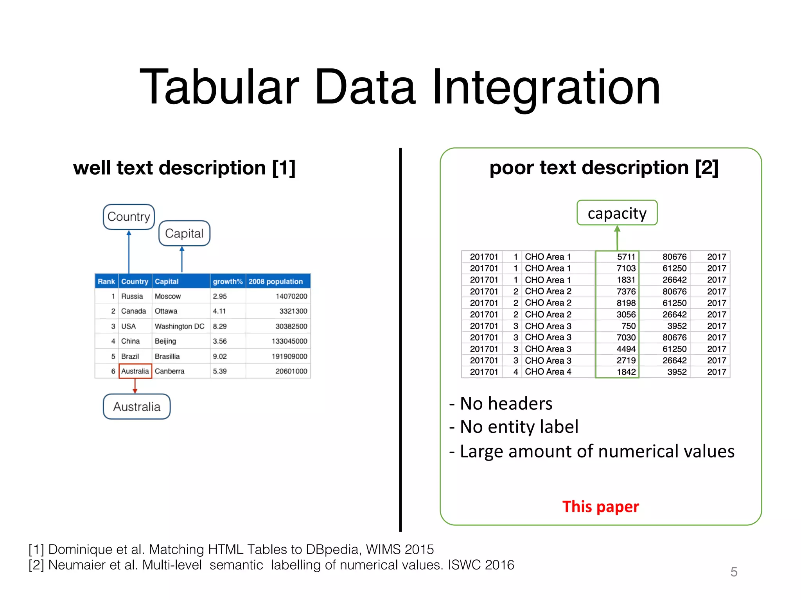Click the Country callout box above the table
click(129, 216)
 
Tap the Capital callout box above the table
click(184, 233)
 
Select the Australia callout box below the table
click(136, 407)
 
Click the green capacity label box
click(617, 213)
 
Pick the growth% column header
click(228, 281)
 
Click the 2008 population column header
click(276, 281)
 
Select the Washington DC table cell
click(179, 326)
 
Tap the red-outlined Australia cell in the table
click(135, 371)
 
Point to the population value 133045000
click(289, 341)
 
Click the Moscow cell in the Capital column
click(168, 296)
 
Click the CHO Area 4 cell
click(548, 371)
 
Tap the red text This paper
click(600, 507)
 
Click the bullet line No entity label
click(514, 427)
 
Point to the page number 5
click(734, 572)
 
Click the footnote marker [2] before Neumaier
click(36, 565)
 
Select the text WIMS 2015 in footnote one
click(400, 549)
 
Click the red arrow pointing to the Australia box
click(135, 386)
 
